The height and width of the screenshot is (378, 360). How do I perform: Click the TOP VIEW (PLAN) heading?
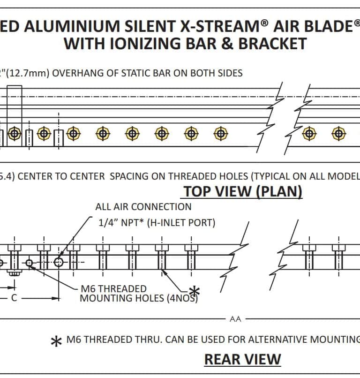click(242, 192)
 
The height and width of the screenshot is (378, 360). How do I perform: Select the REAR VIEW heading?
click(242, 359)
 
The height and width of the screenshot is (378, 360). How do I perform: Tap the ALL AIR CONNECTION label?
click(143, 207)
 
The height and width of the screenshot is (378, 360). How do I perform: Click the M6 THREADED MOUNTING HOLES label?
click(139, 294)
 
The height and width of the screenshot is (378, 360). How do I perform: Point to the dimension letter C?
click(14, 298)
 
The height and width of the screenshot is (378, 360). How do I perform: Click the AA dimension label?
click(235, 319)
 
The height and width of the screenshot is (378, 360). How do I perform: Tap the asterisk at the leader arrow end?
click(194, 291)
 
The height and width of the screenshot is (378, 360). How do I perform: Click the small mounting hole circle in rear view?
click(29, 263)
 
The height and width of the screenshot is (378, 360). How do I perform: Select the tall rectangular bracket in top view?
click(15, 113)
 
